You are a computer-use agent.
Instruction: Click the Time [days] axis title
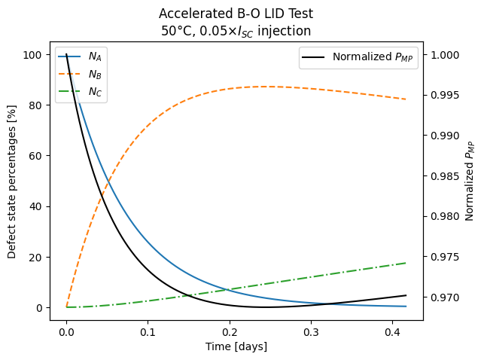236,346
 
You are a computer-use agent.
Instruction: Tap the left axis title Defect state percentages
12,182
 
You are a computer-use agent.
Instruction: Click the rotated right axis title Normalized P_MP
471,182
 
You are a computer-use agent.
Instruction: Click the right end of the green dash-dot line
406,263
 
